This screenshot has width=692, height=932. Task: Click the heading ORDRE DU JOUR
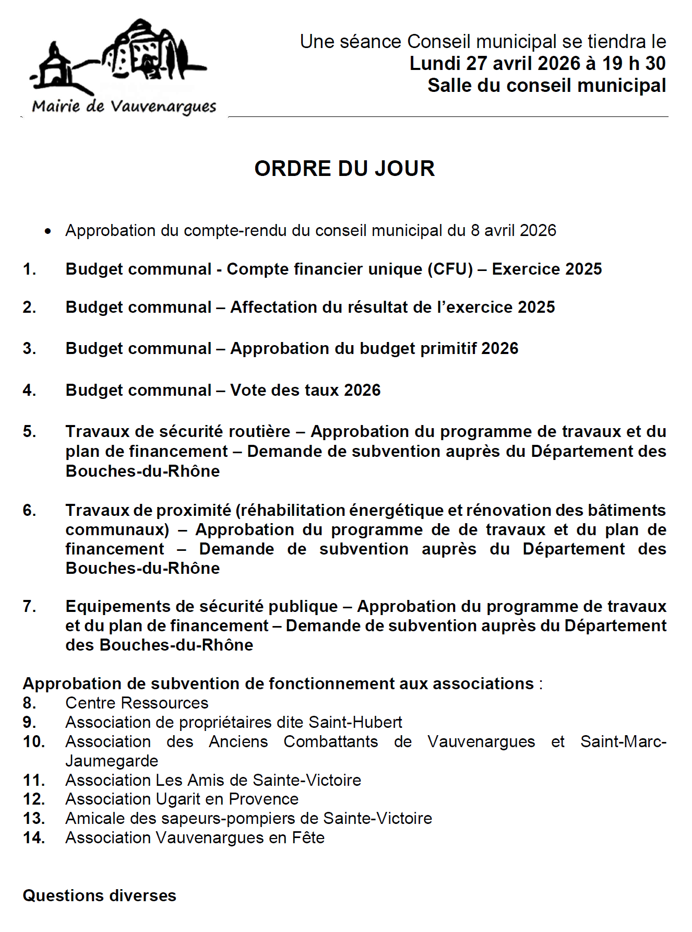(x=344, y=169)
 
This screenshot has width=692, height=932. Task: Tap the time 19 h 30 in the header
(x=634, y=64)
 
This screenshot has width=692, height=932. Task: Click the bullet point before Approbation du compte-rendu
(x=48, y=231)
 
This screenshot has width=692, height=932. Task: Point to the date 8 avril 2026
(x=514, y=231)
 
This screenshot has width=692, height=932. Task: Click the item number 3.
(x=29, y=348)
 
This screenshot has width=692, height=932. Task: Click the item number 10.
(x=33, y=742)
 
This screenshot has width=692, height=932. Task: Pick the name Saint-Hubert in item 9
(x=355, y=723)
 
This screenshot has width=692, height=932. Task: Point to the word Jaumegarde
(x=112, y=761)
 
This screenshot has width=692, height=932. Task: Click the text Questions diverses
(x=99, y=896)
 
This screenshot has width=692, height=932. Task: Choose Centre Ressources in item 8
(x=137, y=703)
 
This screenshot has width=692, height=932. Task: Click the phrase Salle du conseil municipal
(x=546, y=86)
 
